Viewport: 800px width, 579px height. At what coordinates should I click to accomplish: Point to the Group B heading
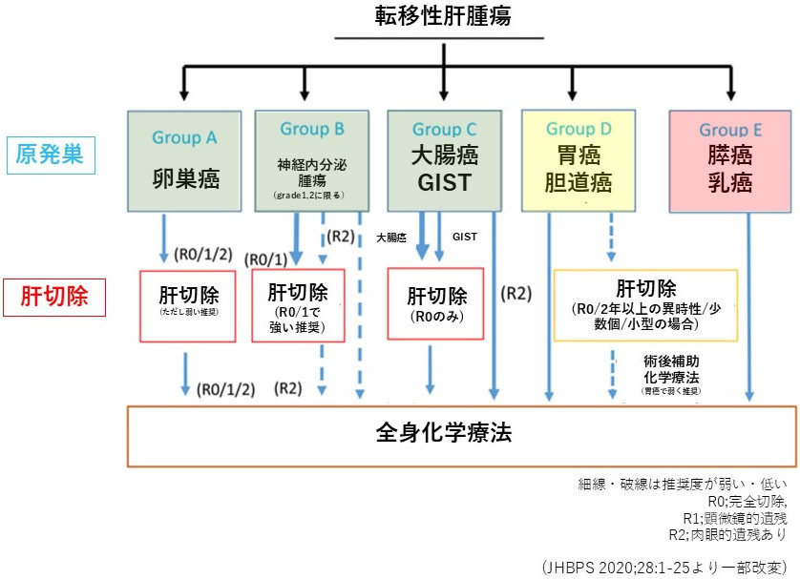click(312, 128)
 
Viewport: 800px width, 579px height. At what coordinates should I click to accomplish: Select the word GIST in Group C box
click(444, 182)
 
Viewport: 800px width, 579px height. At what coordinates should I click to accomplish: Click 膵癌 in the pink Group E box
click(730, 155)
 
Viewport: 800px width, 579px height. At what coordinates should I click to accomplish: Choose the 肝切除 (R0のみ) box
click(435, 303)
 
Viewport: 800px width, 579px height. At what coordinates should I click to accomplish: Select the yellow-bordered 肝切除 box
click(645, 304)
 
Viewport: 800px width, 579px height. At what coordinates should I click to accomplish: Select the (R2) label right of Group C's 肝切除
click(516, 294)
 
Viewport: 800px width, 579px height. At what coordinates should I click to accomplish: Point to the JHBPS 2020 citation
click(662, 568)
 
